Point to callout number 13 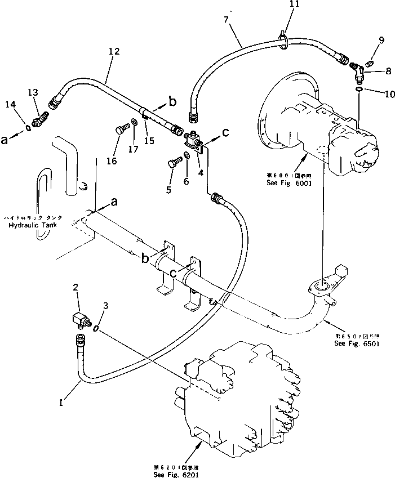click(33, 93)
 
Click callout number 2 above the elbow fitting click(76, 288)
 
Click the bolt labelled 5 click(172, 164)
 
